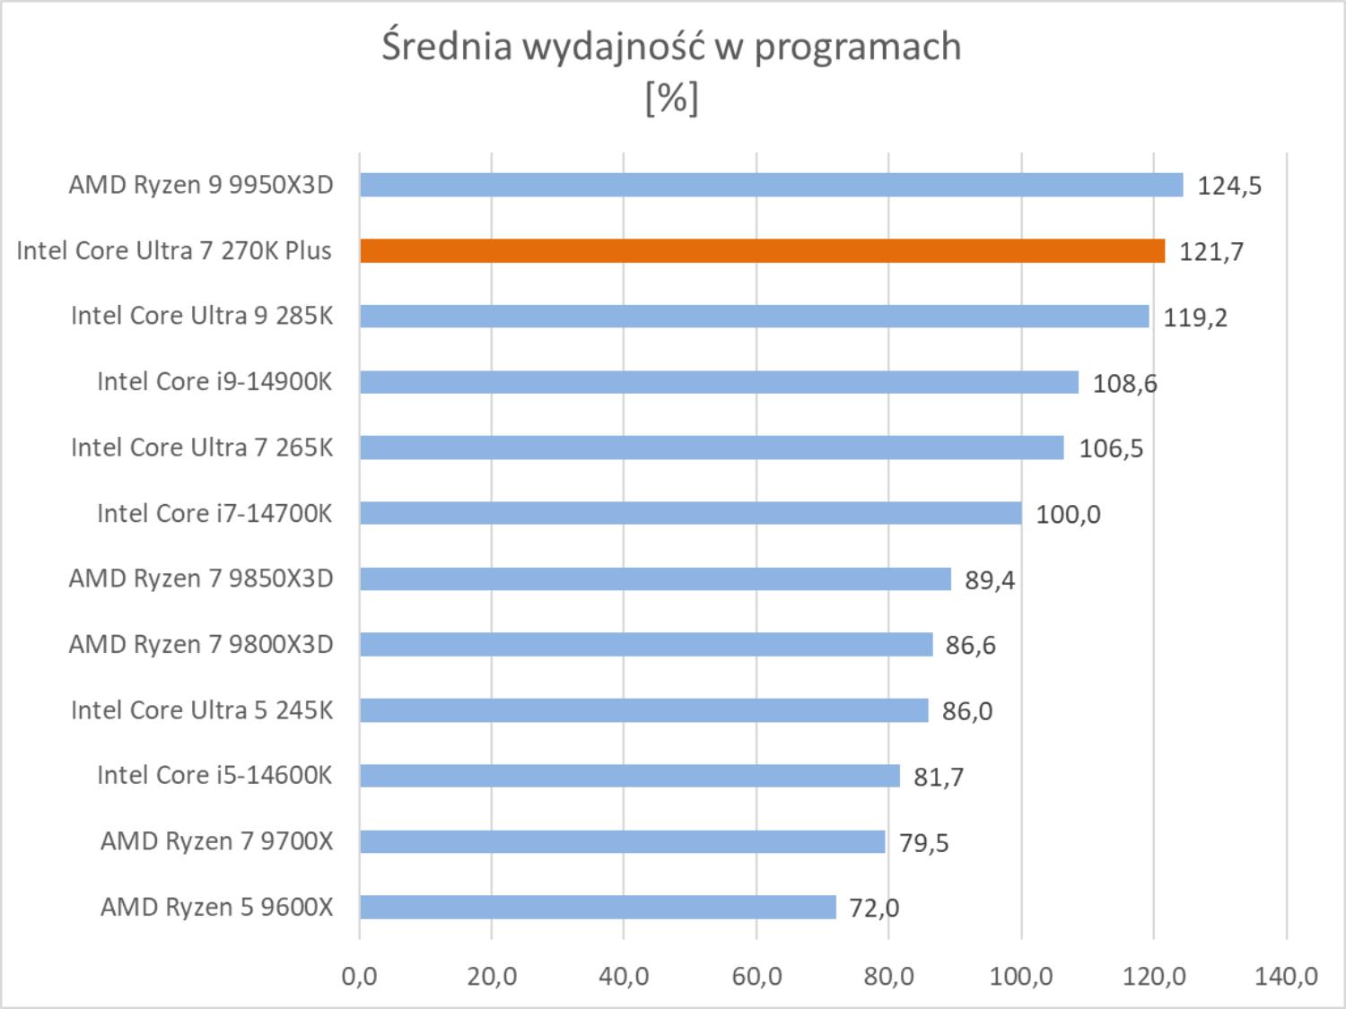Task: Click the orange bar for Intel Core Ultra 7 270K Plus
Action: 762,251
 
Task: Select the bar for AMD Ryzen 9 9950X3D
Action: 771,185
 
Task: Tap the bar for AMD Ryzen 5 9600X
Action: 598,907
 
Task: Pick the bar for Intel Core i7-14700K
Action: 690,513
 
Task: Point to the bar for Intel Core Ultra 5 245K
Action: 643,710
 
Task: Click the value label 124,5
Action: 1229,186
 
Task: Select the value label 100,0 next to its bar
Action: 1068,515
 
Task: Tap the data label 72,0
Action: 874,909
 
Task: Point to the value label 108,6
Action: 1124,384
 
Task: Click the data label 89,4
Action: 990,580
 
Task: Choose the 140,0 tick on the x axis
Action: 1286,976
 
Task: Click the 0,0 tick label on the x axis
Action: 359,976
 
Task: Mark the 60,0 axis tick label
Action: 756,976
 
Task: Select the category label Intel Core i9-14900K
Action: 214,382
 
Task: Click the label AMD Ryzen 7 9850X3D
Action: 201,578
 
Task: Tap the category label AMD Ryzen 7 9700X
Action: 216,841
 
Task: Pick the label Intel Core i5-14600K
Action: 214,775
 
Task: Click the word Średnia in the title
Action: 446,46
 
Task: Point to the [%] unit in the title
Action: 671,97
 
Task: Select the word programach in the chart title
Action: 857,48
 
